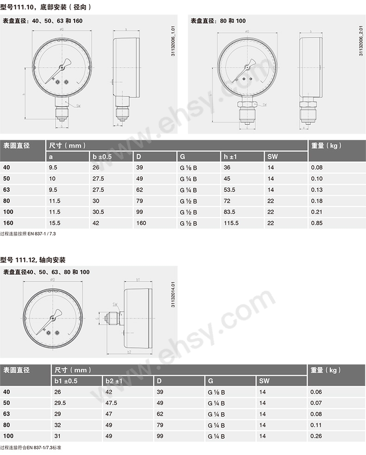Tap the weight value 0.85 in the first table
coord(317,223)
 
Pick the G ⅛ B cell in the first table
coord(189,167)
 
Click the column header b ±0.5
coord(102,157)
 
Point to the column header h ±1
coord(230,157)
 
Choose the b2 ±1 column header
coord(116,381)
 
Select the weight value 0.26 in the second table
coord(316,436)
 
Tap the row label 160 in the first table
coord(8,223)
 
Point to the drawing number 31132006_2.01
coord(361,41)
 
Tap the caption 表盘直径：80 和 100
coord(218,21)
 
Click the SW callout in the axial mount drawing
coord(114,304)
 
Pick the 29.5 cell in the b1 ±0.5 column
coord(61,403)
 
